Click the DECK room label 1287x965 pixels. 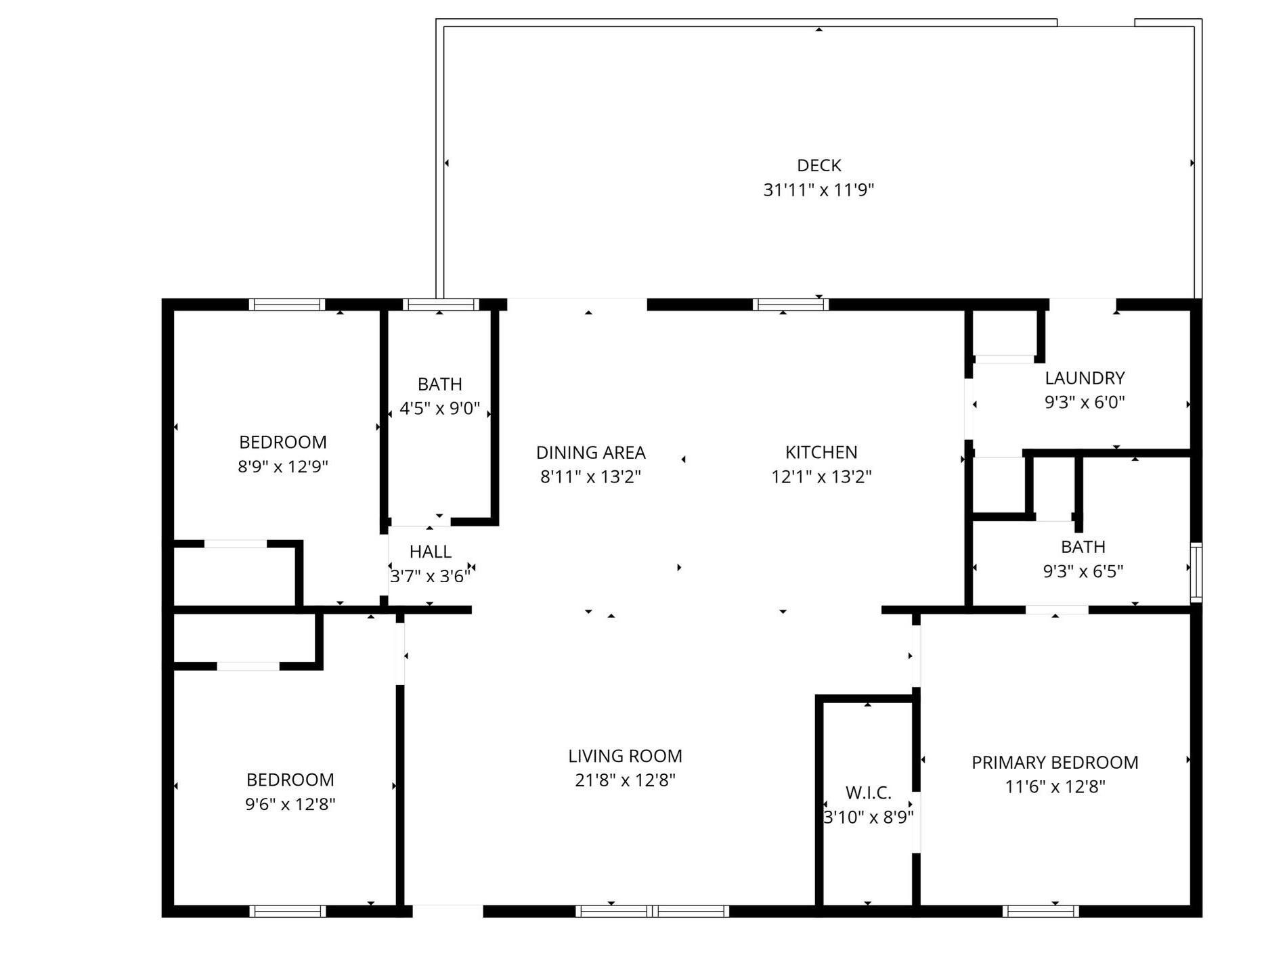pos(819,166)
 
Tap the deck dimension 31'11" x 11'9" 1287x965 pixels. pos(819,190)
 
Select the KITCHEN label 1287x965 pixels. pos(821,452)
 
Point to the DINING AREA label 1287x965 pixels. pos(590,452)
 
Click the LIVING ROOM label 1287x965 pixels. pos(625,756)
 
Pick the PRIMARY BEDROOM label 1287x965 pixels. pos(1054,763)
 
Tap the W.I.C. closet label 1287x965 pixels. pos(868,792)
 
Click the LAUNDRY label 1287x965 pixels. pos(1084,378)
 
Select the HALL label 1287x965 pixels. pos(430,552)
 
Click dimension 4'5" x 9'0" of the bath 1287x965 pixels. pos(439,409)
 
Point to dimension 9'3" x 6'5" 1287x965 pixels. pos(1083,572)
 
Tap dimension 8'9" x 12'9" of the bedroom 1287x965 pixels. pos(282,467)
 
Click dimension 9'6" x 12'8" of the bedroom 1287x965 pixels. pos(290,804)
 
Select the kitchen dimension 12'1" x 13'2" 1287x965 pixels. pos(821,477)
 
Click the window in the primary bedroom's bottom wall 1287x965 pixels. pos(1040,912)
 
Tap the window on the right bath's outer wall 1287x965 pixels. pos(1196,573)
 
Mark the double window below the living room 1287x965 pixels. pos(652,912)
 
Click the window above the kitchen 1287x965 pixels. pos(790,305)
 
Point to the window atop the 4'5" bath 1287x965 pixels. pos(440,305)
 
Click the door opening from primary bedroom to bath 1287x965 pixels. pos(1056,610)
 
